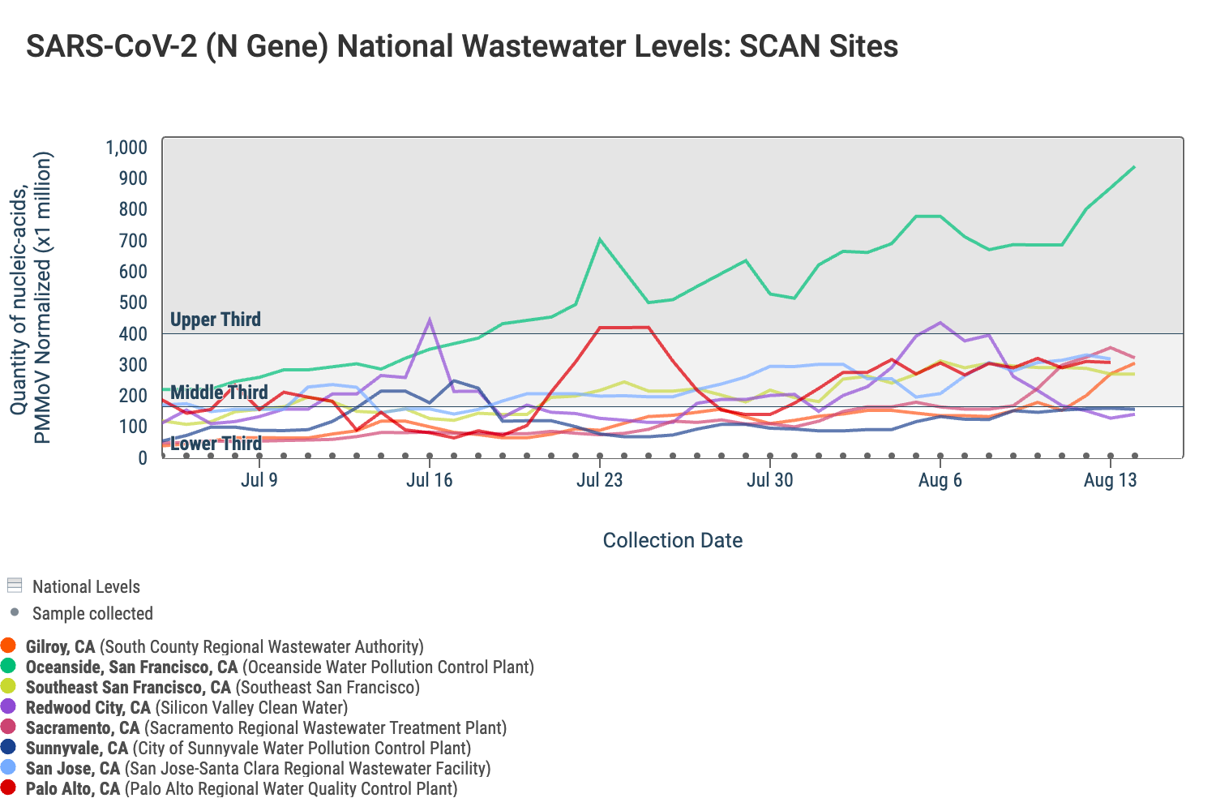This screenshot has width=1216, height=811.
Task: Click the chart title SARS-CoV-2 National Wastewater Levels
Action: pos(461,46)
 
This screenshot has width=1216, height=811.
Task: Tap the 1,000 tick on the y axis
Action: pos(126,148)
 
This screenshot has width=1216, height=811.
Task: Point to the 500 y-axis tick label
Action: pos(131,303)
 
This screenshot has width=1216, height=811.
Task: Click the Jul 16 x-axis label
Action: pos(429,480)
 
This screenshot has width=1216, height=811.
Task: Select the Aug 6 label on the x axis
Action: pos(940,480)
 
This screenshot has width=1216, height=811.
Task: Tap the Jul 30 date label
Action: pos(769,480)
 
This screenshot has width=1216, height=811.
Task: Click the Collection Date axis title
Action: pos(672,540)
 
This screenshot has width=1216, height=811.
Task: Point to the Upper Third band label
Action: pos(216,320)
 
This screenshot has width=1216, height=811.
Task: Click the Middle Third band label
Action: pos(219,393)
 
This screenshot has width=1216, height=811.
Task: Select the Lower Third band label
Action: pos(216,444)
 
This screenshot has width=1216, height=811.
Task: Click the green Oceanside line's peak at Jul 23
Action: pos(599,239)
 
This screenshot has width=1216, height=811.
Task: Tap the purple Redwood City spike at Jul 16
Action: pos(429,320)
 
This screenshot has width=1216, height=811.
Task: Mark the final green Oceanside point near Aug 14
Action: pos(1133,167)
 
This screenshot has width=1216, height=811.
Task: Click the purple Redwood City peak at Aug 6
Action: pos(940,323)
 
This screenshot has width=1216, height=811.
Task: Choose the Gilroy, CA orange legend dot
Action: pos(9,646)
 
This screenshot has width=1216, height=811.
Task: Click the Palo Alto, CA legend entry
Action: pos(73,788)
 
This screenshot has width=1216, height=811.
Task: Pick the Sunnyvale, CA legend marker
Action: pos(9,748)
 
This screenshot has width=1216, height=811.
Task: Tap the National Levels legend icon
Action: pos(14,586)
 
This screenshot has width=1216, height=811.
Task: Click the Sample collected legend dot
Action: pos(15,612)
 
